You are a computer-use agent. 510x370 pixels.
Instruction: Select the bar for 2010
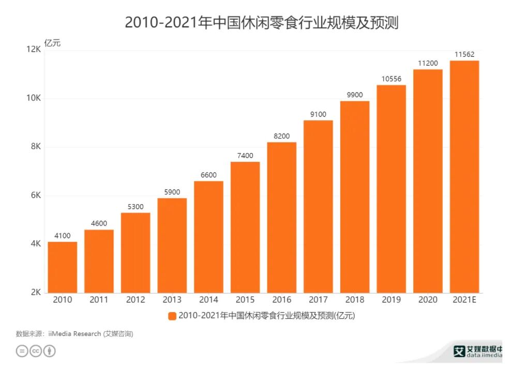63,267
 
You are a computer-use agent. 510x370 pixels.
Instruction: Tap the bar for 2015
245,227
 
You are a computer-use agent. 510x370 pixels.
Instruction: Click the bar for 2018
355,197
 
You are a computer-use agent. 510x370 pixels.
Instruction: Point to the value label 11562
464,54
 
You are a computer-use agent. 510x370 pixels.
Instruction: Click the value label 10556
391,79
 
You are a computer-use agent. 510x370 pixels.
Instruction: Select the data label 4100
63,236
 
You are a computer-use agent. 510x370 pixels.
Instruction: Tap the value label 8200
282,136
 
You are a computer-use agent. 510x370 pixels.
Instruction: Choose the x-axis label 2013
172,300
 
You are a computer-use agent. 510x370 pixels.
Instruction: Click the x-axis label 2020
428,300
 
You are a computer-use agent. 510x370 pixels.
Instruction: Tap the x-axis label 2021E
464,300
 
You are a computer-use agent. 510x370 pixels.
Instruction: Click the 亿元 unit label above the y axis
52,43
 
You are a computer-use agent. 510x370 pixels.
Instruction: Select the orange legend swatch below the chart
172,316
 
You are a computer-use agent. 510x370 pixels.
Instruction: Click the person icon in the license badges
50,351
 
